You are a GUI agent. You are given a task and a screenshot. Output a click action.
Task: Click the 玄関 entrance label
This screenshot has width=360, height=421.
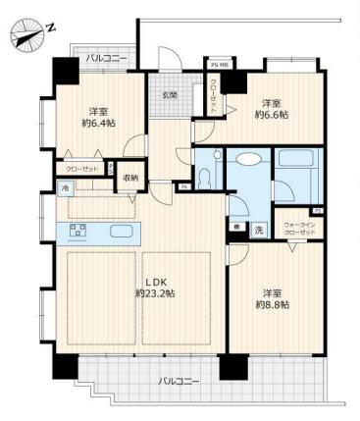(x=170, y=94)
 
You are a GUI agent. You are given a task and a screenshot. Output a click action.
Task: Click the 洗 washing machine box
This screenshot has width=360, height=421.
(x=258, y=229)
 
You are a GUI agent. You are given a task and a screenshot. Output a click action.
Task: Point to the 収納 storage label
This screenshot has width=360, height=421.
(x=130, y=177)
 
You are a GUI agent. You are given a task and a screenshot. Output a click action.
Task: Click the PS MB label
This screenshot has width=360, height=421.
(x=217, y=65)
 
